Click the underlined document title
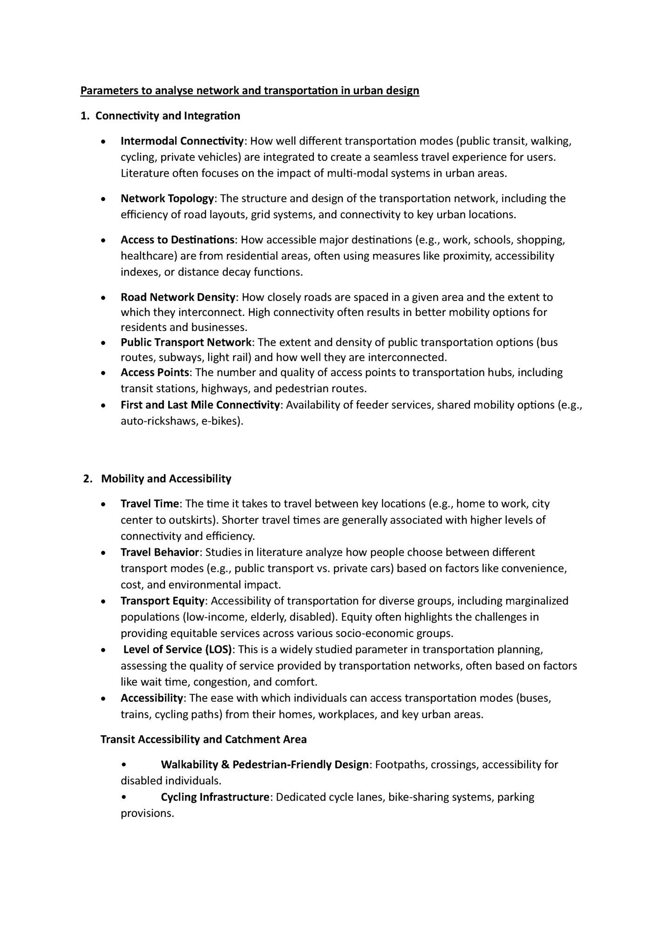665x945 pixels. (x=250, y=90)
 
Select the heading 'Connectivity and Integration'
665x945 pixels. (x=168, y=116)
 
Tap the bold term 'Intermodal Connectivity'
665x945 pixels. (x=182, y=141)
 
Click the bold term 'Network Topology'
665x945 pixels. (x=167, y=199)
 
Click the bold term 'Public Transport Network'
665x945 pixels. (x=186, y=342)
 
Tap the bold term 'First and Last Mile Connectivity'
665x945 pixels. (x=200, y=405)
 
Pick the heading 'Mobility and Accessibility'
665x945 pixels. (x=166, y=479)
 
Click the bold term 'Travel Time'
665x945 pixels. (x=149, y=504)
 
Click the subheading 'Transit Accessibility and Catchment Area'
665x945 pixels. (x=204, y=740)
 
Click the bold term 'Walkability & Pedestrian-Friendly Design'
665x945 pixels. (x=265, y=765)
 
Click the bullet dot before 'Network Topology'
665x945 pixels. (x=103, y=199)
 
